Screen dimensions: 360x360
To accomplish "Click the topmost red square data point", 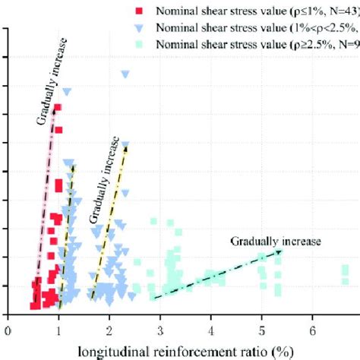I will (58, 108).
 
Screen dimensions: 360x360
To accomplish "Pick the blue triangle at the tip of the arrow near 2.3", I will (125, 144).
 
